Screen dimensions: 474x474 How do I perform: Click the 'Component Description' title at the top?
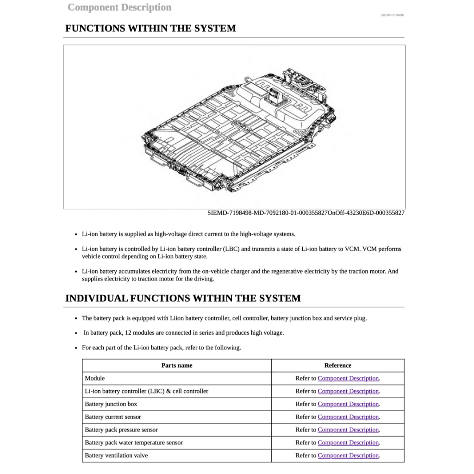coord(119,7)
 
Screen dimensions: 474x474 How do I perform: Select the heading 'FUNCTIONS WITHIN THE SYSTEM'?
coord(150,28)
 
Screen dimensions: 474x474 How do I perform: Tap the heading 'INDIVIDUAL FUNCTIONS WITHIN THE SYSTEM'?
coord(183,298)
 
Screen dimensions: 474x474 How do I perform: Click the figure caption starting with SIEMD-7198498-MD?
coord(306,213)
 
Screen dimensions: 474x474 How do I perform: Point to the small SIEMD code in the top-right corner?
coord(392,15)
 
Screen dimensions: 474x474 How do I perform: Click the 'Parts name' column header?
coord(177,365)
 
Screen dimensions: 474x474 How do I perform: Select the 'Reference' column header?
coord(337,365)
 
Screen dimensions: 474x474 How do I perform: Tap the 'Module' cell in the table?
coord(95,378)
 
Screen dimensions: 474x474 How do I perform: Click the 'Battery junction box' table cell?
coord(111,404)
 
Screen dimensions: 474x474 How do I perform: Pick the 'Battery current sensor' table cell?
coord(113,417)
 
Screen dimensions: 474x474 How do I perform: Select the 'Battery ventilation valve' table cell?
coord(116,455)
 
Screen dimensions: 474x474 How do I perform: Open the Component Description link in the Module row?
coord(348,378)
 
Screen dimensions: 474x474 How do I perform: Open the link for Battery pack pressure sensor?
coord(348,430)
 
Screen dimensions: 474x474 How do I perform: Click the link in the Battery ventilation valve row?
coord(348,455)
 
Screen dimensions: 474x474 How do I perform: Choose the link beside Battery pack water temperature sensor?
coord(348,443)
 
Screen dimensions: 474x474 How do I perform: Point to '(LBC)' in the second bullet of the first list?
coord(231,249)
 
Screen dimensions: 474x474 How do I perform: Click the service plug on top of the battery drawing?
coord(274,95)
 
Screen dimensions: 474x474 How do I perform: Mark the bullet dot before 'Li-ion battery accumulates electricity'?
coord(76,272)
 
